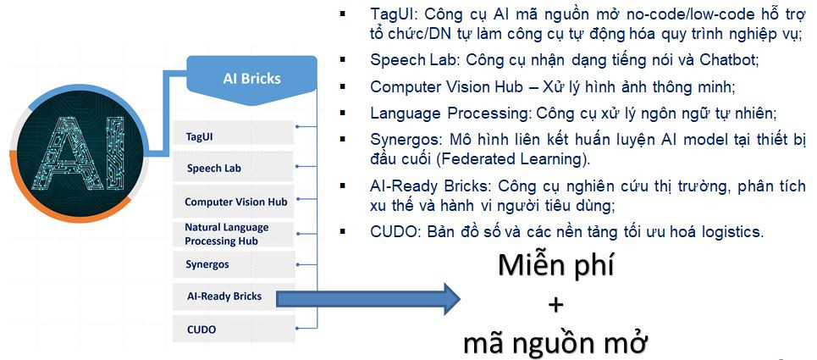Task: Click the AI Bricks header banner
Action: pyautogui.click(x=251, y=76)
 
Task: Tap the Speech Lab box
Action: pyautogui.click(x=234, y=167)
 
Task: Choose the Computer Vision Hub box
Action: pyautogui.click(x=234, y=201)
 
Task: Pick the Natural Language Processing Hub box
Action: pyautogui.click(x=234, y=235)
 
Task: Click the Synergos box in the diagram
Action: pyautogui.click(x=234, y=264)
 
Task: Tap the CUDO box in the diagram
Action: pyautogui.click(x=234, y=330)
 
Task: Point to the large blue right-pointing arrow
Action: pyautogui.click(x=367, y=298)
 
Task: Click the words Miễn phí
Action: pyautogui.click(x=555, y=266)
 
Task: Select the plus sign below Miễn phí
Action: pyautogui.click(x=556, y=304)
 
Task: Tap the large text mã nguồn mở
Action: pyautogui.click(x=555, y=343)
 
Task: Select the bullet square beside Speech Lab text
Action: pyautogui.click(x=342, y=60)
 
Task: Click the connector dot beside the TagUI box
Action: pyautogui.click(x=297, y=126)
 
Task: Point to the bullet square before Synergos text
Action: pyautogui.click(x=342, y=140)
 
